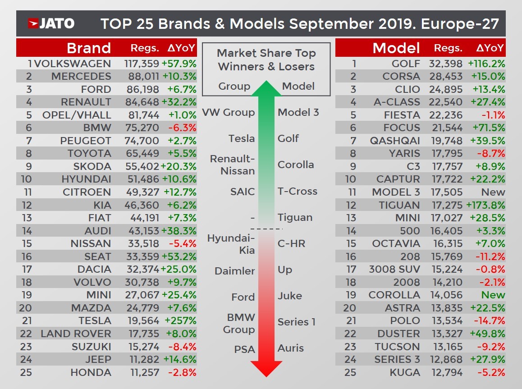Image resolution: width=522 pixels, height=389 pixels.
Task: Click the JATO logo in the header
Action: pyautogui.click(x=51, y=23)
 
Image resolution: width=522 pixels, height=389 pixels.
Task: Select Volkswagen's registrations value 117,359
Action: pyautogui.click(x=142, y=64)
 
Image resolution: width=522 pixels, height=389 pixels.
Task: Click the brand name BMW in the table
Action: pyautogui.click(x=97, y=128)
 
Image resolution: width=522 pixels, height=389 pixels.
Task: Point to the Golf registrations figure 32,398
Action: pyautogui.click(x=448, y=64)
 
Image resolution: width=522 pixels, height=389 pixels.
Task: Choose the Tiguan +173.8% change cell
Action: pyautogui.click(x=486, y=205)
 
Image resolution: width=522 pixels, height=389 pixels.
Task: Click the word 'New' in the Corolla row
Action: pyautogui.click(x=493, y=295)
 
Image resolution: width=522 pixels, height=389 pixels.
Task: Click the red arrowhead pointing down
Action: pyautogui.click(x=266, y=367)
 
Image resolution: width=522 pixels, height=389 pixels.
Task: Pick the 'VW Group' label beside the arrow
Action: pyautogui.click(x=229, y=113)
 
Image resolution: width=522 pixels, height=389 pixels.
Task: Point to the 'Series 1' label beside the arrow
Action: pyautogui.click(x=296, y=322)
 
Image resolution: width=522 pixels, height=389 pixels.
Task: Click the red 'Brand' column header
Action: pyautogui.click(x=88, y=48)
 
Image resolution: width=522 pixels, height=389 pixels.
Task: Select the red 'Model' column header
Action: pyautogui.click(x=396, y=48)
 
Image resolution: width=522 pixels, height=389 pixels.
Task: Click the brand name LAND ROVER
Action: pyautogui.click(x=76, y=334)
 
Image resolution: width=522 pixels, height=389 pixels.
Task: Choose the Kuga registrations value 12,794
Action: pyautogui.click(x=448, y=372)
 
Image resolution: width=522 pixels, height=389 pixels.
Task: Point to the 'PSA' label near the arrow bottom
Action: pyautogui.click(x=244, y=349)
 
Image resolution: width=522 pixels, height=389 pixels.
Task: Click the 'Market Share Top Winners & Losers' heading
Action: pyautogui.click(x=266, y=59)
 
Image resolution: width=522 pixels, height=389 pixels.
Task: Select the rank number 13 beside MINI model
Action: pyautogui.click(x=350, y=218)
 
